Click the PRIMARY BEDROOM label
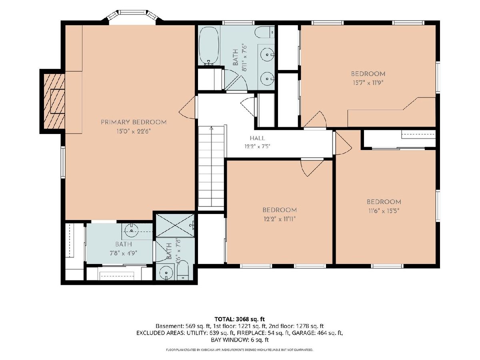(x=134, y=122)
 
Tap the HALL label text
(x=257, y=138)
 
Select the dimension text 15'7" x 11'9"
(x=368, y=83)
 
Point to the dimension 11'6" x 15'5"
(x=384, y=211)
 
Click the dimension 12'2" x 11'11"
(x=280, y=219)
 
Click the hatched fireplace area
(x=54, y=101)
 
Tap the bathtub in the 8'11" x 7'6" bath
(x=209, y=46)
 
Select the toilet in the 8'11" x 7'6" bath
(x=265, y=32)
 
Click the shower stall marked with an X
(x=175, y=225)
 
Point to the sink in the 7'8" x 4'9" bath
(x=132, y=230)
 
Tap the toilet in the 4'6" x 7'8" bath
(x=182, y=270)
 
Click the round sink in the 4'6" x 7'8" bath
(x=166, y=273)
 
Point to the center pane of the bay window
(x=132, y=12)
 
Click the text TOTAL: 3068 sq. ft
(x=240, y=319)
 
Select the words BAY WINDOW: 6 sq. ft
(x=240, y=340)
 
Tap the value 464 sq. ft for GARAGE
(x=329, y=333)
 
